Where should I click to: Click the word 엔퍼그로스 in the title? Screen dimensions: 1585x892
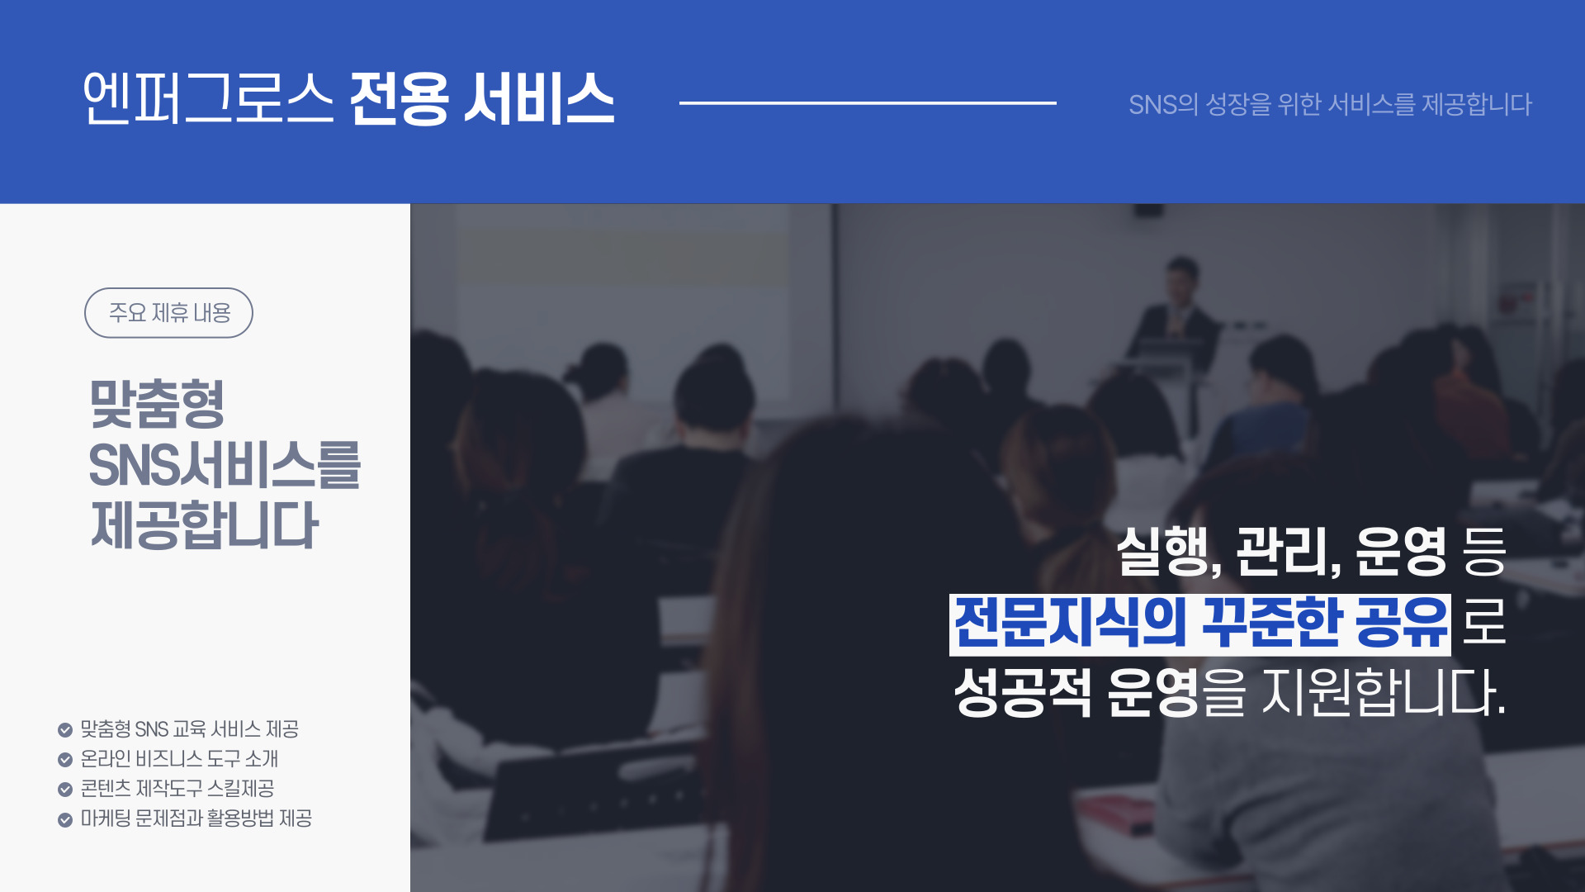click(208, 98)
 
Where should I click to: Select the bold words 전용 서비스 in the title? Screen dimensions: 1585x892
click(482, 98)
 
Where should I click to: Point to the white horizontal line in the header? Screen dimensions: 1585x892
click(868, 103)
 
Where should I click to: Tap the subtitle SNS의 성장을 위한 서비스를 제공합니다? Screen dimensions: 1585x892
click(1330, 105)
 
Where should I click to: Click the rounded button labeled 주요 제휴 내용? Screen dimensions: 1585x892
click(168, 313)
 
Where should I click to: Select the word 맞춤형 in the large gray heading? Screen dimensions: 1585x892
click(157, 404)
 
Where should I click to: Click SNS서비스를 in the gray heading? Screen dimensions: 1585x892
click(225, 465)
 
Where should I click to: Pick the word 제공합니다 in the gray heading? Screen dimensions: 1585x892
click(204, 525)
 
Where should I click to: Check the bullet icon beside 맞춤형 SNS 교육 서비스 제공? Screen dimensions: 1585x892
click(65, 730)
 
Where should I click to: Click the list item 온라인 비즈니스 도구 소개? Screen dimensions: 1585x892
click(179, 759)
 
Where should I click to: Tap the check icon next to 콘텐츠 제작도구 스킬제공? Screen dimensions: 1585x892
click(65, 790)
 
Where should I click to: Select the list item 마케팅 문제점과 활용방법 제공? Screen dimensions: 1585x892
click(196, 818)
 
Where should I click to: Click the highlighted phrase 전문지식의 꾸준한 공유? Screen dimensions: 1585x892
click(1200, 624)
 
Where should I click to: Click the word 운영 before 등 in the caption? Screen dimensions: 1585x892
click(1401, 552)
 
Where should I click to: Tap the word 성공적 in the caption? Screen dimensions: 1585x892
click(1023, 692)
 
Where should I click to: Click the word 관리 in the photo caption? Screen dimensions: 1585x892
click(1283, 552)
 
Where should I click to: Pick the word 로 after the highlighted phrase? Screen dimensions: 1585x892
click(1484, 624)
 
